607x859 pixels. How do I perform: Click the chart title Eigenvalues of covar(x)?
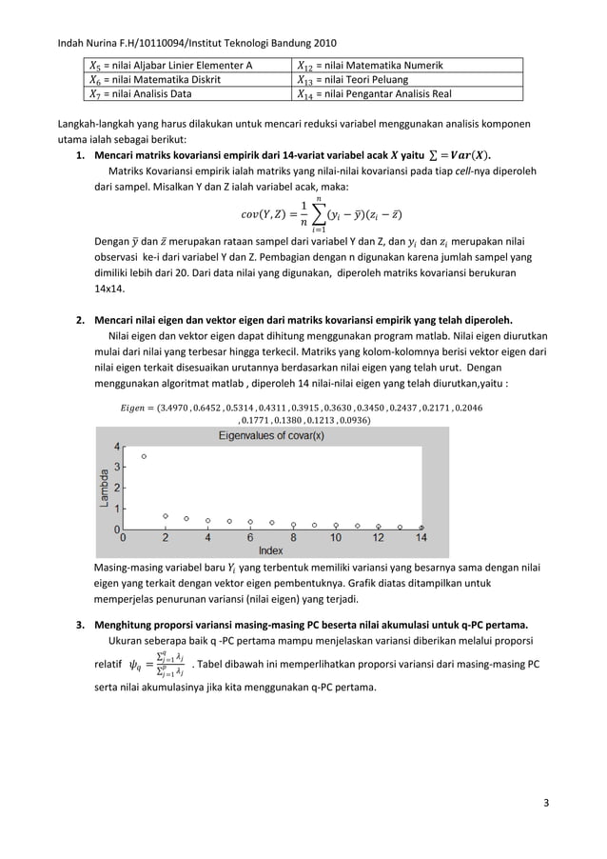click(271, 435)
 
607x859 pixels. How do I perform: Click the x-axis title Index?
click(271, 550)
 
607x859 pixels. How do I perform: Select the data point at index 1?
click(144, 457)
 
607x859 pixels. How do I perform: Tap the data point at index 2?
click(166, 515)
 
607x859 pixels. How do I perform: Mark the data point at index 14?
click(421, 527)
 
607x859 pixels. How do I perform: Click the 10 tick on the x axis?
click(336, 538)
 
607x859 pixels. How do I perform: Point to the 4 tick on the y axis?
click(116, 447)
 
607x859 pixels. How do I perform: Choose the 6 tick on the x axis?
click(250, 538)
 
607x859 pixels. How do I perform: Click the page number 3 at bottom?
click(546, 801)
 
